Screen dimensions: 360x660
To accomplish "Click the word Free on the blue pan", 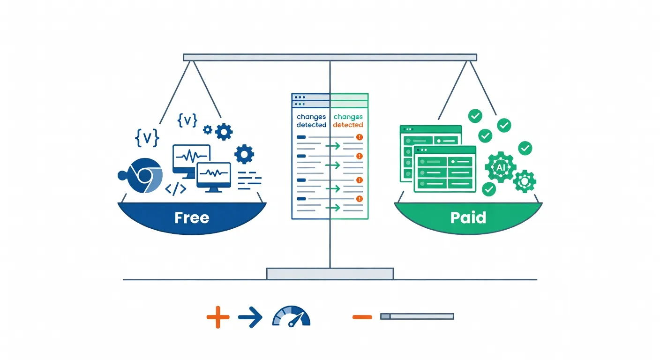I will coord(192,217).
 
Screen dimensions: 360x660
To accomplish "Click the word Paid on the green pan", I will coord(468,217).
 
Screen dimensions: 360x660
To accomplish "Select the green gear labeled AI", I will coord(500,167).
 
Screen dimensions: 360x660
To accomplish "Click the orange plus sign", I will coord(218,317).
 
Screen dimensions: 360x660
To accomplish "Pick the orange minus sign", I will coord(362,317).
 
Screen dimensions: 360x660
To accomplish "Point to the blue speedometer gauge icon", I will coord(291,316).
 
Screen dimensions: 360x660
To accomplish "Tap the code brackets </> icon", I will coord(176,189).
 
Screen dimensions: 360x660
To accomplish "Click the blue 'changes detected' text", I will coord(311,121).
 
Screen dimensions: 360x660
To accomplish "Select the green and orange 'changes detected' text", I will coord(348,121).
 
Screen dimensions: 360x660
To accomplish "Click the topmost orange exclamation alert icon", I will coord(360,137).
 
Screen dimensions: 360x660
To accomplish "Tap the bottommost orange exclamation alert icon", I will coord(360,199).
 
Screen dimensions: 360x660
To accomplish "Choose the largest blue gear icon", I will coord(244,154).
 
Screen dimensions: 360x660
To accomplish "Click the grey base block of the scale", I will coord(330,274).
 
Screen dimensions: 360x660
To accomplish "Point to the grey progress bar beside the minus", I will coord(417,316).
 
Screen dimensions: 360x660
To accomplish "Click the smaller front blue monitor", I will coord(214,175).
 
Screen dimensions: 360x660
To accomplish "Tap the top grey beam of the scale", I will coord(330,57).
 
